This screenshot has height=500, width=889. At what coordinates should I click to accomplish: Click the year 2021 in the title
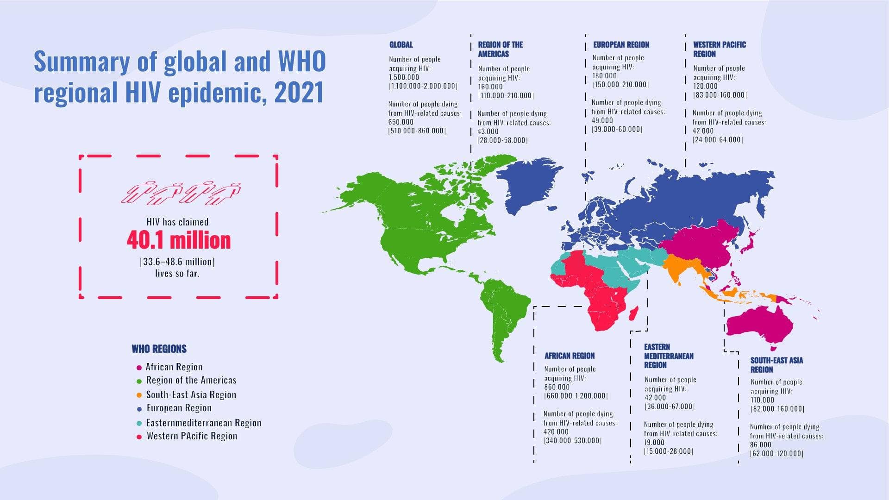(299, 92)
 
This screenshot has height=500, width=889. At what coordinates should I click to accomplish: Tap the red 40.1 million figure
(179, 240)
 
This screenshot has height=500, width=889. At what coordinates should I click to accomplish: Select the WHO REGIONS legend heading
(159, 349)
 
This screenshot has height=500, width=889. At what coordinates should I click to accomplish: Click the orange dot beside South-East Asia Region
(139, 395)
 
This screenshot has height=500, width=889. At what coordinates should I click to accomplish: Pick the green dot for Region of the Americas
(139, 381)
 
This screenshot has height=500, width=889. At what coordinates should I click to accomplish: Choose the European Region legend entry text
(179, 408)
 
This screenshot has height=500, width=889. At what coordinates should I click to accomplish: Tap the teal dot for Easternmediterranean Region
(139, 424)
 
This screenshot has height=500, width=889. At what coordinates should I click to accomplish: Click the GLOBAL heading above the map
(401, 45)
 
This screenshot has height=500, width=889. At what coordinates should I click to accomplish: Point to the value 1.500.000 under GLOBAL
(404, 77)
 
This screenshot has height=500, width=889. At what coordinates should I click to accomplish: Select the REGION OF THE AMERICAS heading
(500, 49)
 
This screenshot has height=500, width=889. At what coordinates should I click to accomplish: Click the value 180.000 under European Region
(605, 75)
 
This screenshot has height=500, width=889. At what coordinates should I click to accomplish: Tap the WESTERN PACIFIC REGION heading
(719, 49)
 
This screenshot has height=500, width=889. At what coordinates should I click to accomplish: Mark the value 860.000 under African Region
(557, 387)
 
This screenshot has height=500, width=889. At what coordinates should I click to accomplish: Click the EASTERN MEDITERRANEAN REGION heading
(668, 356)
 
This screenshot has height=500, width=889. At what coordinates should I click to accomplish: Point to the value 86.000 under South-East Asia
(760, 445)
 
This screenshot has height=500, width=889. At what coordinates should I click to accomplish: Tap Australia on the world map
(759, 324)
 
